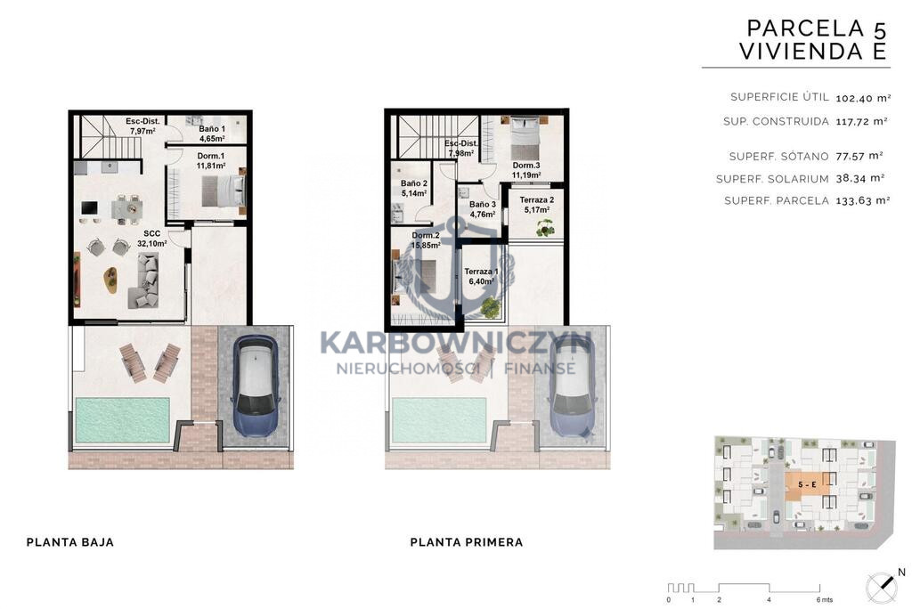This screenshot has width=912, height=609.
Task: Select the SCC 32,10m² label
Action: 151,239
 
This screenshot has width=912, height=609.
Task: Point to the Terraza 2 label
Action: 536,205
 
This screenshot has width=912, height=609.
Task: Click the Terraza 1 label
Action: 481,276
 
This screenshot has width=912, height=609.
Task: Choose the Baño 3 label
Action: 482,209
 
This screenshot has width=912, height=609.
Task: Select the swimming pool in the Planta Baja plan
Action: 122,420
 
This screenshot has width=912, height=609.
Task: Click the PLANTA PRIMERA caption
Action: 467,542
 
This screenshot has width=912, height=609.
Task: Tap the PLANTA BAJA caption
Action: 70,542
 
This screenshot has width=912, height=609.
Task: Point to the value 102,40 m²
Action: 863,98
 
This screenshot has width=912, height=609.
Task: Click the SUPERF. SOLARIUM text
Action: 772,179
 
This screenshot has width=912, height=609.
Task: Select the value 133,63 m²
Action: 863,200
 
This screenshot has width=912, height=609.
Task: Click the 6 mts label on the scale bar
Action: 824,600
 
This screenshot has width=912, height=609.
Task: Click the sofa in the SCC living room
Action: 146,281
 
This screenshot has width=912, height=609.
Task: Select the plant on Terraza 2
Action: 546,229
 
